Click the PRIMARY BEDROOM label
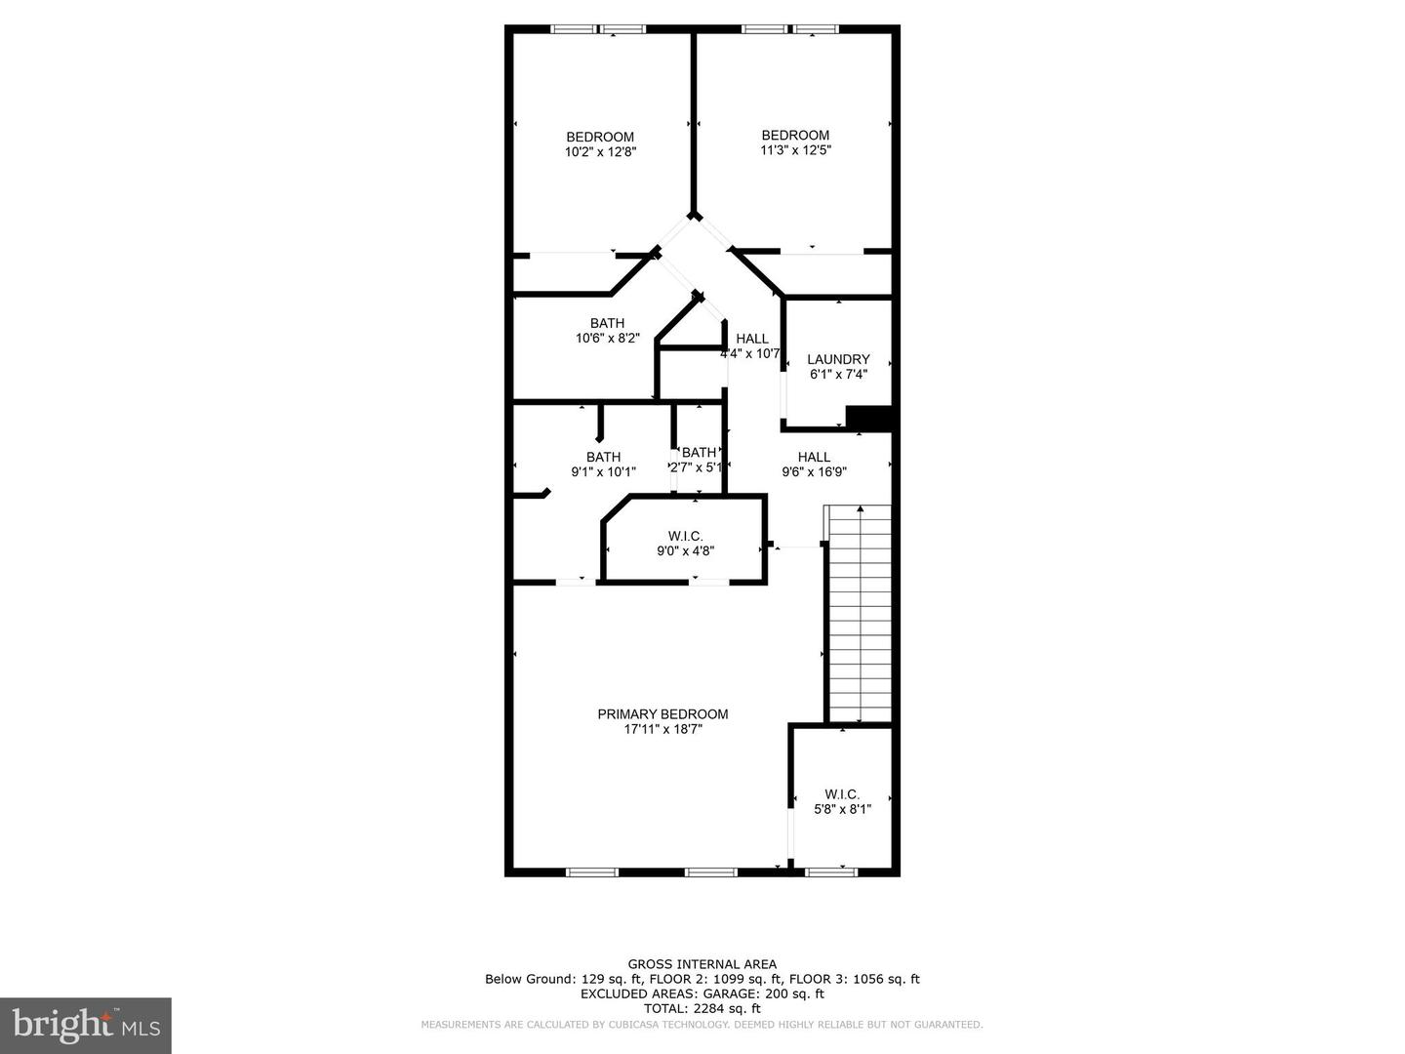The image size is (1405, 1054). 662,714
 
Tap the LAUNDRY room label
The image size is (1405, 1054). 838,359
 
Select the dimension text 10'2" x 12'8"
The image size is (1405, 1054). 600,152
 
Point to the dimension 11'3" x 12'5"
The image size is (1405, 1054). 795,150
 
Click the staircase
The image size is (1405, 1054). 859,615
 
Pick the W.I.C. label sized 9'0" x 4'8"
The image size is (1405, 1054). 685,536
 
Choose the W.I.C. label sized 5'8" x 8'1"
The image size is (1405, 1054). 842,794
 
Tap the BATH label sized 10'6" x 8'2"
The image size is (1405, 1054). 607,324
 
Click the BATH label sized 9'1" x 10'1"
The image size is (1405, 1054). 603,457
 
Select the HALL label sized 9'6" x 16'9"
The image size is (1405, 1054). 814,457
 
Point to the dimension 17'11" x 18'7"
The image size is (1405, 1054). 662,729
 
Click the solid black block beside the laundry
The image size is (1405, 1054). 870,418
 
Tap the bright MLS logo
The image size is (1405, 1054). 85,1025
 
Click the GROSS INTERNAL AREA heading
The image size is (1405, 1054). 702,964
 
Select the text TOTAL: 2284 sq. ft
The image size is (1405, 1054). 702,1008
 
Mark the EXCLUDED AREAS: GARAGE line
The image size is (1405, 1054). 702,993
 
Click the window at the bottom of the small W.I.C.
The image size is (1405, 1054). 831,871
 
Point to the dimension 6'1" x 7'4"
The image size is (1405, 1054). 838,374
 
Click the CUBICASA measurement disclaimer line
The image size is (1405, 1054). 702,1025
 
